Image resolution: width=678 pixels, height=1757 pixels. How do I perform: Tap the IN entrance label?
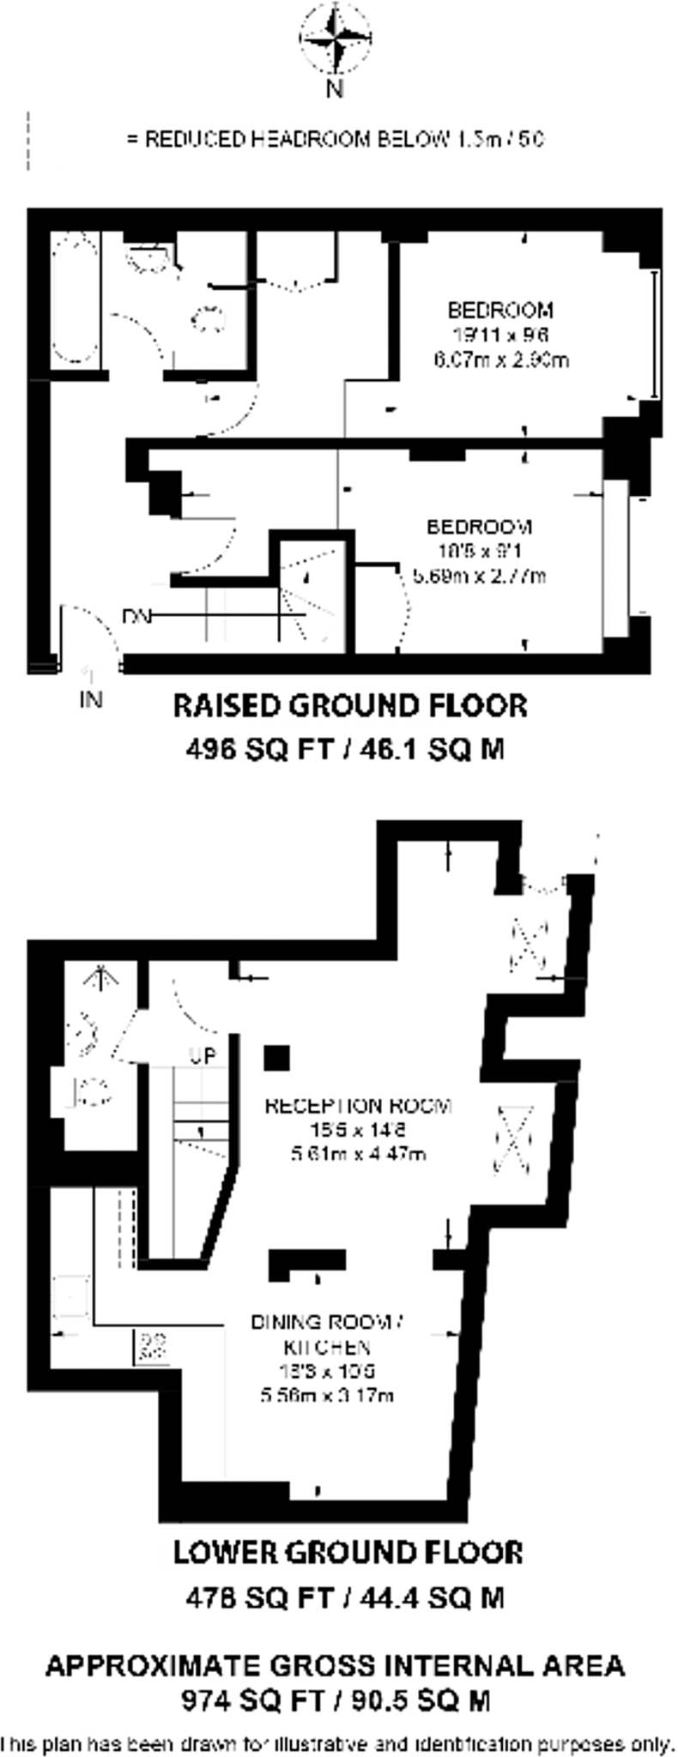point(91,699)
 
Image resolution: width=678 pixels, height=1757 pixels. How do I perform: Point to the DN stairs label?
point(136,616)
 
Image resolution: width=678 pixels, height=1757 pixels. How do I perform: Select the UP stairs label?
point(203,1056)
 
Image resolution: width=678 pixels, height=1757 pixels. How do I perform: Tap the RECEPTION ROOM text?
point(358,1106)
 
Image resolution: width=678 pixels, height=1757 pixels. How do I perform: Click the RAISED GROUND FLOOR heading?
point(350,706)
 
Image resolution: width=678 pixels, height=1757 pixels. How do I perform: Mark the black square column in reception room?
point(276,1058)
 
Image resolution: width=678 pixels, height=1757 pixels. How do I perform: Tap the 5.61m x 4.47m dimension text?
point(358,1153)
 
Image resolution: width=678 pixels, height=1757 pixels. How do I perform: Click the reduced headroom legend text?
point(335,139)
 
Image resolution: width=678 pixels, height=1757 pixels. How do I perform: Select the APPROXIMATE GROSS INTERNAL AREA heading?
point(335,1665)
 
